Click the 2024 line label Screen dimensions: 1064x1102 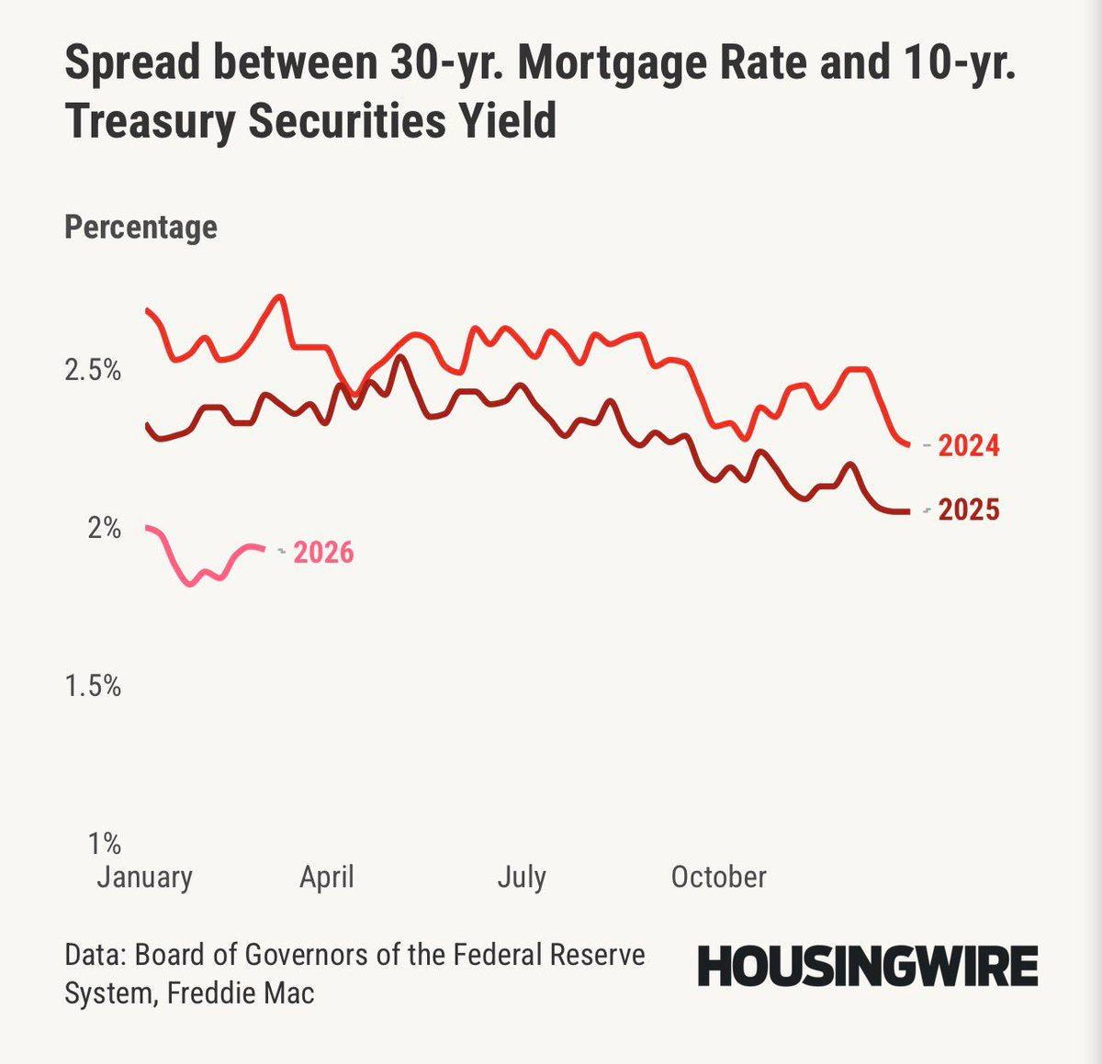click(969, 445)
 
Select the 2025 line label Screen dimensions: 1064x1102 click(969, 510)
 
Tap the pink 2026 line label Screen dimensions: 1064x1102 click(323, 553)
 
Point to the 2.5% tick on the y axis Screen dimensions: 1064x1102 click(92, 371)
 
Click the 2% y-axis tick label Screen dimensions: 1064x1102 click(104, 528)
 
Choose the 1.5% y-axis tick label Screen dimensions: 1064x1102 click(92, 686)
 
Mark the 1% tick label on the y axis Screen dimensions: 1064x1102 click(104, 843)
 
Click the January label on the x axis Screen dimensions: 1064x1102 click(145, 877)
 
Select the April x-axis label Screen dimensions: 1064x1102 click(326, 877)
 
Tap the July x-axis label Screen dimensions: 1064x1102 click(522, 877)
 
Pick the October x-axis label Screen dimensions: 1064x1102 click(718, 877)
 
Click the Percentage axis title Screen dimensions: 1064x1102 click(141, 227)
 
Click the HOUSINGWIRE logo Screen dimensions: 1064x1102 click(867, 966)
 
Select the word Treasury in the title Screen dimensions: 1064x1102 click(148, 121)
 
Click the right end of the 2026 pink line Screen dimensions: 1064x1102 click(265, 549)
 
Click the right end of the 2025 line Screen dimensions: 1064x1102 click(908, 511)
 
